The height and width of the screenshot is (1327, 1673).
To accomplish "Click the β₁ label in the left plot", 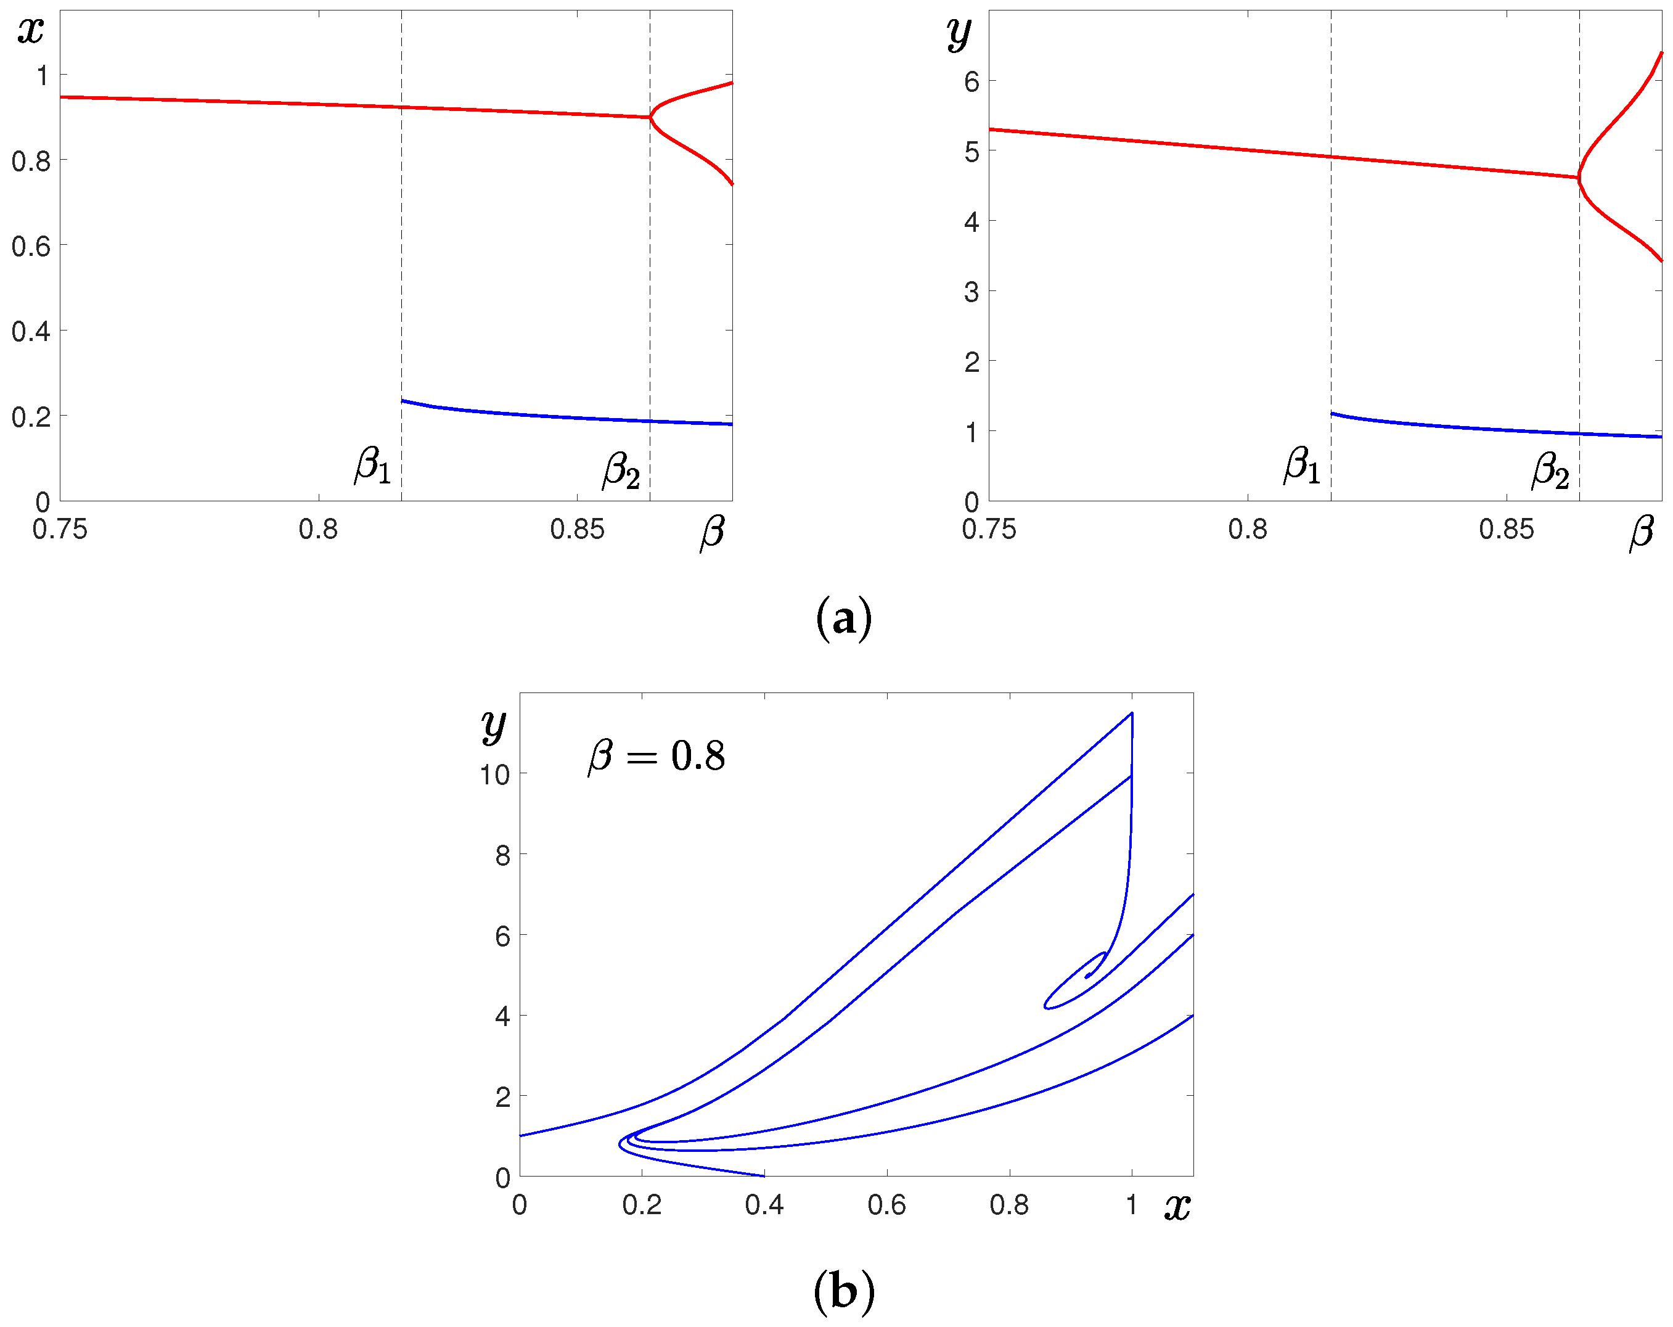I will tap(372, 466).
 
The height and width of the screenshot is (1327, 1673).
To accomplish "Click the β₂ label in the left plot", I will tap(621, 470).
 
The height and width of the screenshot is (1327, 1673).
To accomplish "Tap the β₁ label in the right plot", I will tap(1302, 466).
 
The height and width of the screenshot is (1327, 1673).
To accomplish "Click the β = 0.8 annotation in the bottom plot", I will tap(657, 756).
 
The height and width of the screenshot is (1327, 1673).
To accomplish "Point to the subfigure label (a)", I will tap(843, 618).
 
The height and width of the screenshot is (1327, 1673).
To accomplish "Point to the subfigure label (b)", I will tap(843, 1291).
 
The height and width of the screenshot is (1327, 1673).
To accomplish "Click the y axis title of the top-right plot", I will tap(959, 33).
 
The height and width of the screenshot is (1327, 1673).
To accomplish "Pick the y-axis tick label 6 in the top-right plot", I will tap(971, 81).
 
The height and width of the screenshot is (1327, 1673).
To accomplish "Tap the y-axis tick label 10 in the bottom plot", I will tap(494, 774).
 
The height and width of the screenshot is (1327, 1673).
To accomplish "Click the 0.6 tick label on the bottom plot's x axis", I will tap(886, 1205).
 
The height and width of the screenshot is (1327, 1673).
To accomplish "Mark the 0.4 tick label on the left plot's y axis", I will tap(31, 331).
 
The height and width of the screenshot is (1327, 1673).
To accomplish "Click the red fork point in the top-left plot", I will tap(650, 117).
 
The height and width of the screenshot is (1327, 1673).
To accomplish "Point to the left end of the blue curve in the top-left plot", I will tap(402, 400).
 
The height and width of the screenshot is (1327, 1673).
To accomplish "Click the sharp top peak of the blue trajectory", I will tap(1132, 712).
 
